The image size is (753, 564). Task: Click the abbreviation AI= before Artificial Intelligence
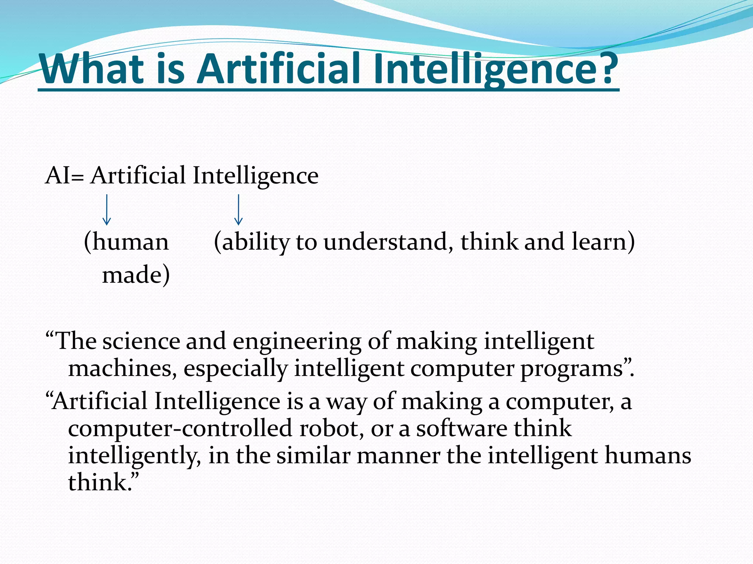pyautogui.click(x=64, y=176)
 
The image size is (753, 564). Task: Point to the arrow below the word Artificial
pyautogui.click(x=107, y=210)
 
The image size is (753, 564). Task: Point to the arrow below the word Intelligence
pyautogui.click(x=238, y=210)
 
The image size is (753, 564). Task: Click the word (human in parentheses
pyautogui.click(x=126, y=242)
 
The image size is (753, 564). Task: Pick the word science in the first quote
pyautogui.click(x=141, y=341)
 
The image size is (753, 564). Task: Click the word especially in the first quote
pyautogui.click(x=236, y=369)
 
